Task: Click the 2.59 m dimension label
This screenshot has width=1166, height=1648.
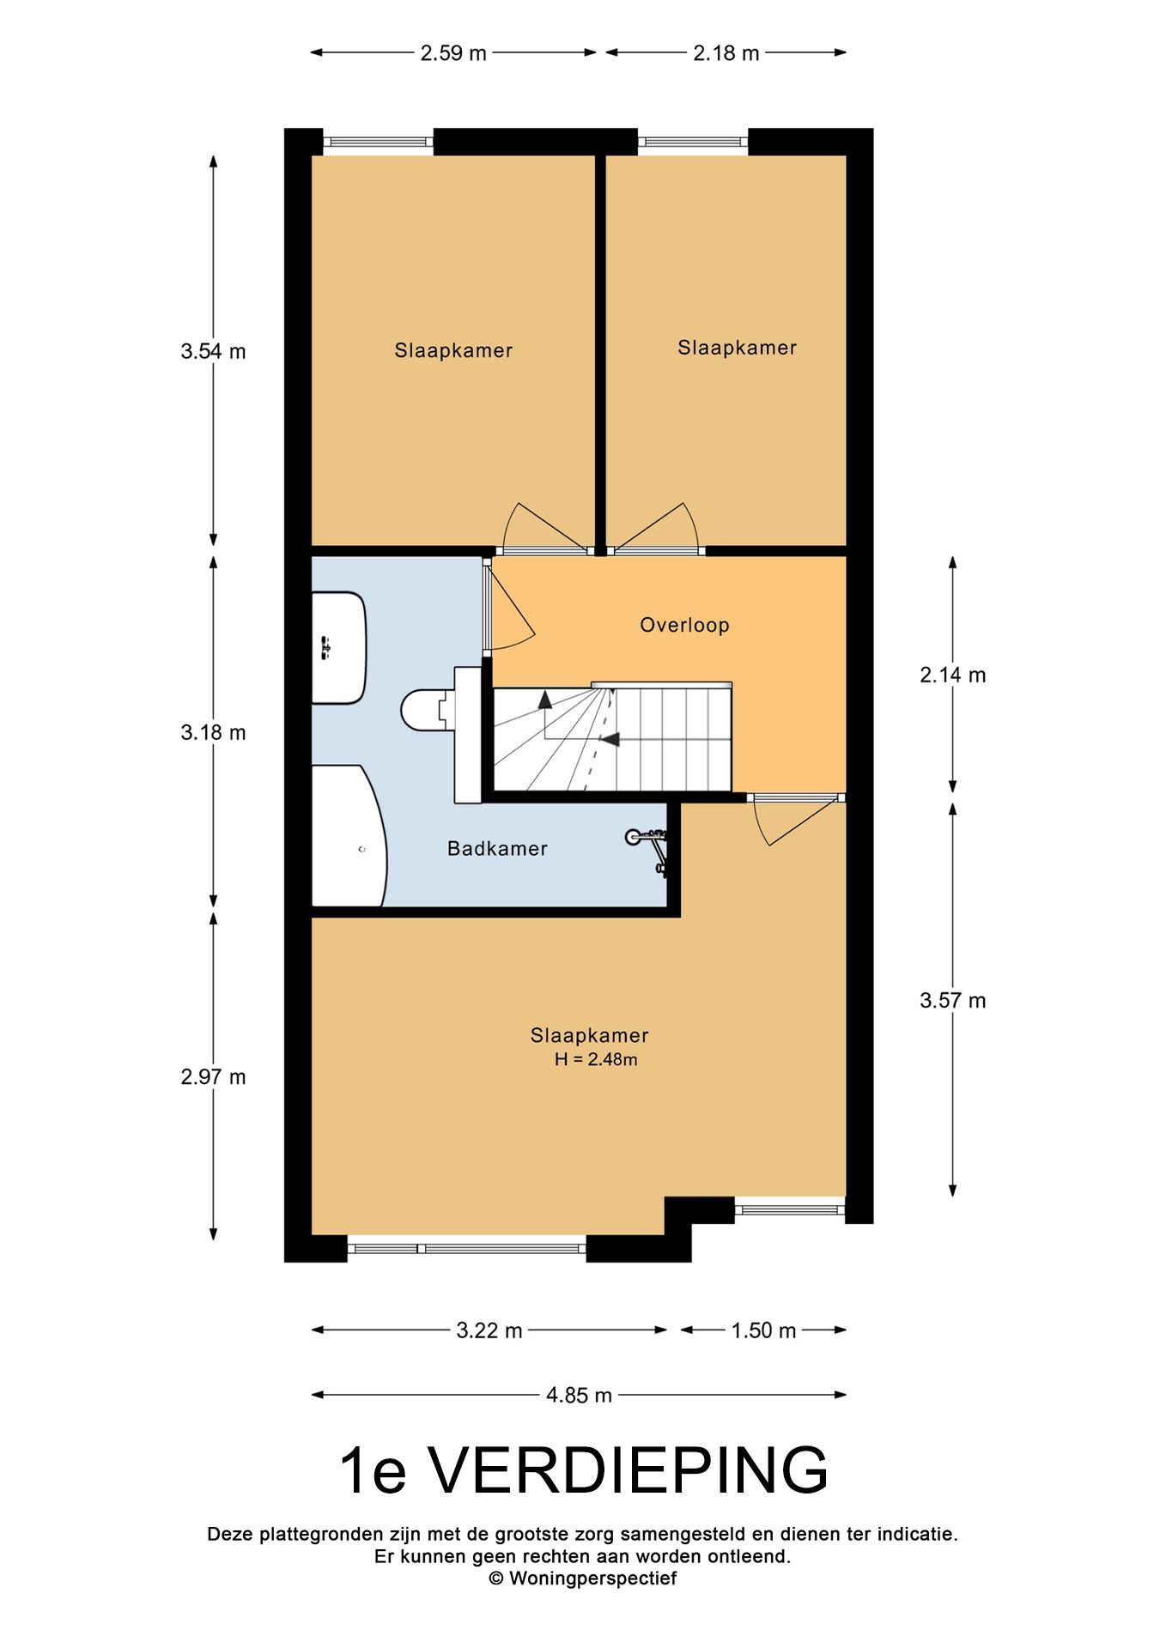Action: pos(453,53)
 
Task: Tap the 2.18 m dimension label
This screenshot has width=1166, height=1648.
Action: pos(726,53)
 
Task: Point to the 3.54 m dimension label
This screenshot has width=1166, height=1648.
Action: pos(213,351)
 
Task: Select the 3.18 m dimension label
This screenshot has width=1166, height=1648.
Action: pos(213,732)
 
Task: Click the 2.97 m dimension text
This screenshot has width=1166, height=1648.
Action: pos(213,1076)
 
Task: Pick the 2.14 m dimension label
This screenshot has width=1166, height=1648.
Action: pos(953,676)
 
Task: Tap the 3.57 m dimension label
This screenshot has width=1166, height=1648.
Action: pos(953,1000)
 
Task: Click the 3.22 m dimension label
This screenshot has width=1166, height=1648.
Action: pos(489,1330)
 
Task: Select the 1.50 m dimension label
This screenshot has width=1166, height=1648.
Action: pos(763,1330)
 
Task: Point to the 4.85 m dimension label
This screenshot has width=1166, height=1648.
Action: pos(580,1396)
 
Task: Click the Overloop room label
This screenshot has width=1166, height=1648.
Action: pos(684,625)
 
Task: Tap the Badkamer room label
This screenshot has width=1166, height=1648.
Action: pos(497,849)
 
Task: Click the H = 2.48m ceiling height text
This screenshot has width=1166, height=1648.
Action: pos(596,1060)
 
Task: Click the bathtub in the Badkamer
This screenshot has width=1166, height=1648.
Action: pos(349,836)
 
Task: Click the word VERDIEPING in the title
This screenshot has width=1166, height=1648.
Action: pos(629,1471)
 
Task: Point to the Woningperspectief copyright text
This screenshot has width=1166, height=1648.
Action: pos(583,1578)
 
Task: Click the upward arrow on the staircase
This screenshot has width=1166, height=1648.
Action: pos(545,714)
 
